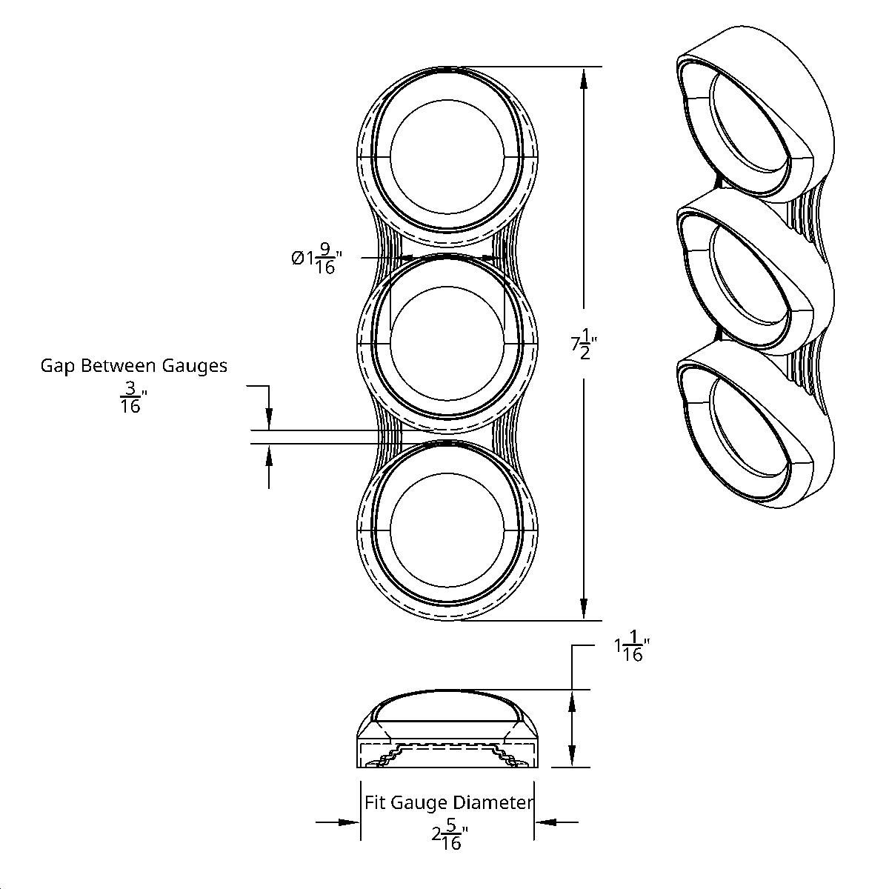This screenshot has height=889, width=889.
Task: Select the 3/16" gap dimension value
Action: pos(130,397)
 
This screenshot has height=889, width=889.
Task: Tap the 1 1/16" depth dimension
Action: pos(631,650)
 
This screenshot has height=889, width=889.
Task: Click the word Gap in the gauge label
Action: pos(57,365)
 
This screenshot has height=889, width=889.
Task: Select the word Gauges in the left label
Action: pos(198,365)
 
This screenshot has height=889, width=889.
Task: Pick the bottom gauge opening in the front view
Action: pos(447,532)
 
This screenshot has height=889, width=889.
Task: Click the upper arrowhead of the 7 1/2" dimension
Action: pos(584,79)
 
